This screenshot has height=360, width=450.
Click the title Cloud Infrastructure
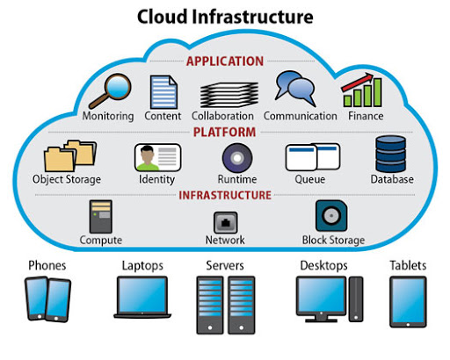click(225, 17)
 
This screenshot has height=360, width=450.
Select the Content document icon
click(163, 91)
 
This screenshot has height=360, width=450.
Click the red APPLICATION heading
click(225, 61)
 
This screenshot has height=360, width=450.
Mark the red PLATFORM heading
click(225, 133)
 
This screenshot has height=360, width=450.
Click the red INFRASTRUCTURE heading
click(225, 195)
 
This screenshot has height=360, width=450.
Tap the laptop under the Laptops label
click(141, 297)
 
